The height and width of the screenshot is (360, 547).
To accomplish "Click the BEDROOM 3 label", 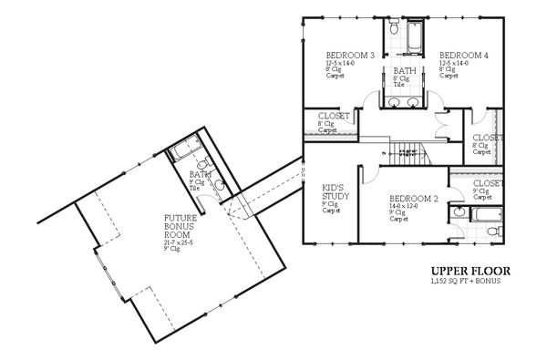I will (350, 57).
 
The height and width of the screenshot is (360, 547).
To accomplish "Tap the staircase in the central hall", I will (405, 151).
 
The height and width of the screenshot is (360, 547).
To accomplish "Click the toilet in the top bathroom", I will (392, 30).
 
